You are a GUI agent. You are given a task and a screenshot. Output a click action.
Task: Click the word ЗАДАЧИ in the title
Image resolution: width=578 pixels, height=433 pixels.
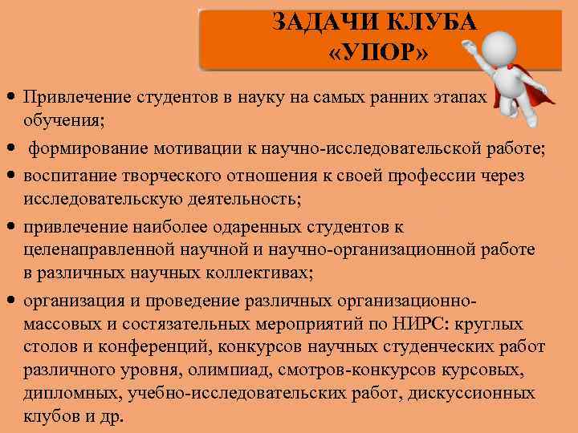pos(313,22)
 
